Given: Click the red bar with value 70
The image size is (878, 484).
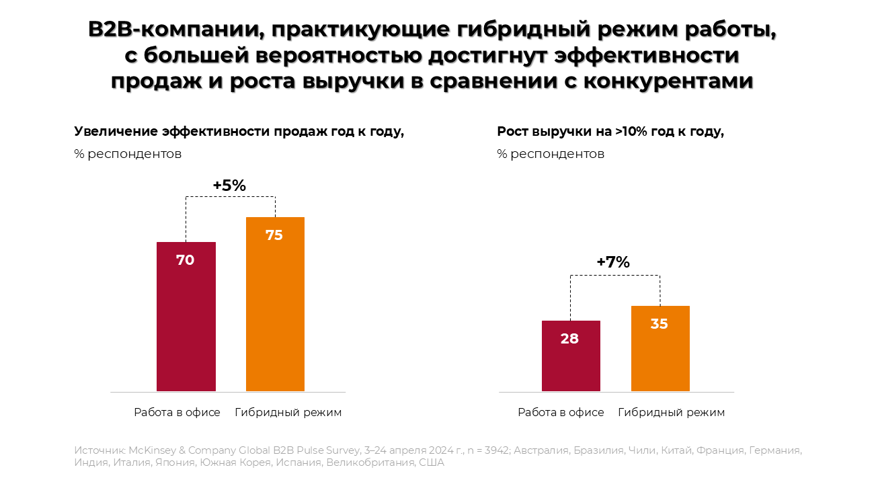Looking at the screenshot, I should click(186, 316).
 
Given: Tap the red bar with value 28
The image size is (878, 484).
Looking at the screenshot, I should click(570, 356).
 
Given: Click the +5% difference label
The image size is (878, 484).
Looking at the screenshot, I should click(229, 186).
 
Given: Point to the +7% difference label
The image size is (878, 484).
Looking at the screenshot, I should click(613, 263).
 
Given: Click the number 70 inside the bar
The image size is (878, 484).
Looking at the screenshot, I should click(186, 260).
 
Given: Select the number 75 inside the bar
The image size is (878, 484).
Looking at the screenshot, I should click(274, 235).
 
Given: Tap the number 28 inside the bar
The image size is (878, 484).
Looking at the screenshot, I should click(569, 339).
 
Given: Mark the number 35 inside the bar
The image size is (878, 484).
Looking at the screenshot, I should click(660, 324).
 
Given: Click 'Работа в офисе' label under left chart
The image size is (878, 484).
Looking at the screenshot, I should click(177, 413).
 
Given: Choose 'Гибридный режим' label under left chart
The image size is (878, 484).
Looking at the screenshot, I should click(288, 413).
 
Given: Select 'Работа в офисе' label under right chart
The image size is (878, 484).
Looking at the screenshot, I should click(561, 413).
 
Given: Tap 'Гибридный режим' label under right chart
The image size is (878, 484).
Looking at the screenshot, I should click(672, 413).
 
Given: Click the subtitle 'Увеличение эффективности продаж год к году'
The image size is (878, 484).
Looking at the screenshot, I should click(239, 132).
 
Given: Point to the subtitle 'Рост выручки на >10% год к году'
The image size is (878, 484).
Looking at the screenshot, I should click(610, 132).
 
